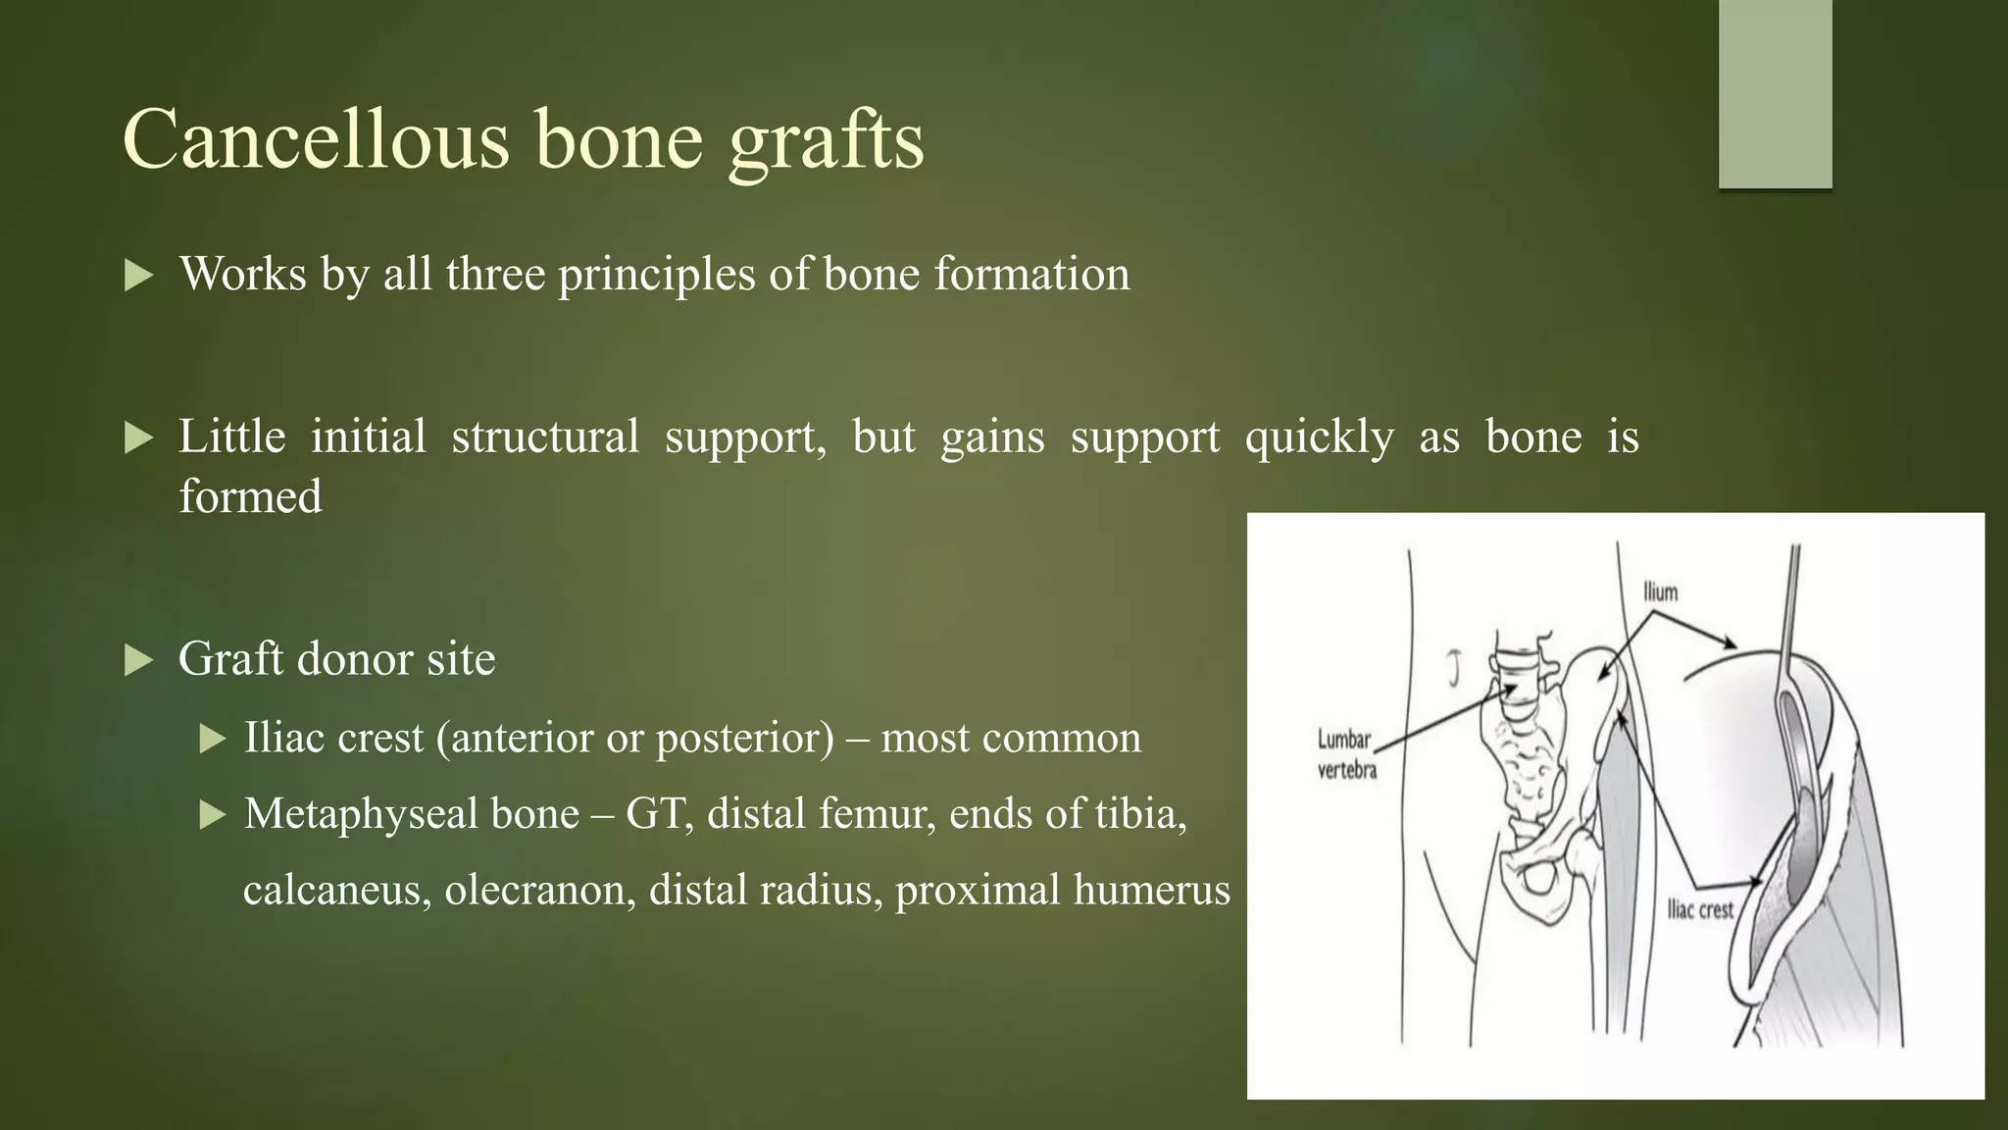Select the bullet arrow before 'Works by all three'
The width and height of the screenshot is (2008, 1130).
click(139, 276)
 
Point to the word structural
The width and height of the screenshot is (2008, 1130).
click(545, 437)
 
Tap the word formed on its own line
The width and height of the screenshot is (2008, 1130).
click(250, 496)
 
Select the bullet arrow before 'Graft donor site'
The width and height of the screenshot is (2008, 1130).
click(139, 660)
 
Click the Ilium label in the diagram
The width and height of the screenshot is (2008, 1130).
click(1660, 591)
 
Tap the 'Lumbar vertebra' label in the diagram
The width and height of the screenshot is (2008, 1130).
click(1345, 754)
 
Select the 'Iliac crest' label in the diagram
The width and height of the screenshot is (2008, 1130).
click(1700, 909)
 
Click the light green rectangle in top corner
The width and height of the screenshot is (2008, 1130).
click(1775, 94)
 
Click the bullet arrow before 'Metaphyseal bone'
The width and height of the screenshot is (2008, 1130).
click(212, 815)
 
